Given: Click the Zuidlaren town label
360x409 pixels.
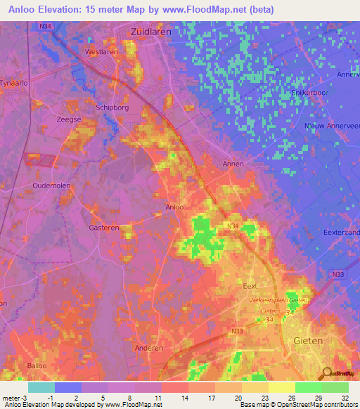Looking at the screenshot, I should click(151, 32).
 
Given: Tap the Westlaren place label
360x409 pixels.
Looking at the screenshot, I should click(101, 52).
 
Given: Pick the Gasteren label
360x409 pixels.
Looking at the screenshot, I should click(104, 228).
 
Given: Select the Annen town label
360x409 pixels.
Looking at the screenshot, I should click(233, 164).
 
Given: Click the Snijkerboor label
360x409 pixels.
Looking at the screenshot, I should click(311, 92).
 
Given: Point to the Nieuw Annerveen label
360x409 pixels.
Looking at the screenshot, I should click(332, 126).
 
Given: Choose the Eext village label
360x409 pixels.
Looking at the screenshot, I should click(250, 287).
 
